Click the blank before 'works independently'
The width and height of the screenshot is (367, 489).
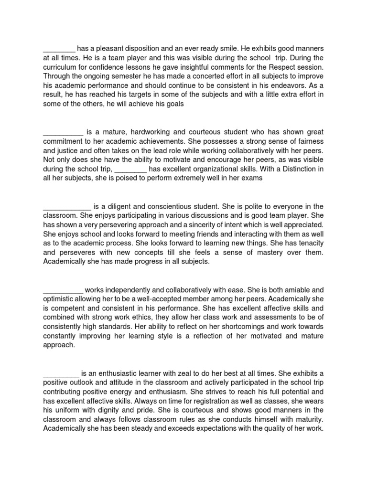tap(63, 290)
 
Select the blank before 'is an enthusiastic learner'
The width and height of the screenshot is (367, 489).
tap(61, 373)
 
